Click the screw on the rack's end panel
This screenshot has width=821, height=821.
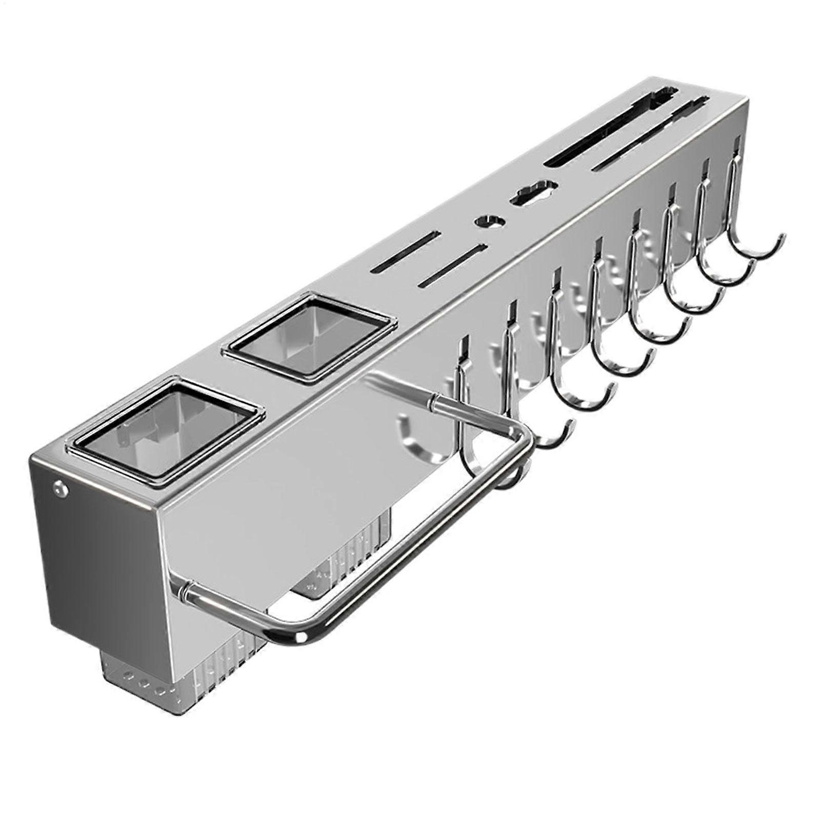[x=61, y=488]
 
